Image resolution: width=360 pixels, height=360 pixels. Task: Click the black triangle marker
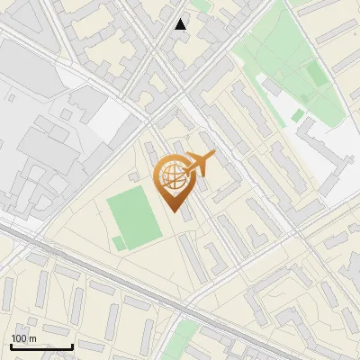(181, 24)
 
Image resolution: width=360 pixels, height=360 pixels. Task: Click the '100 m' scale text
(23, 338)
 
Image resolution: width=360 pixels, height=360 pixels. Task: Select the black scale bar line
(41, 346)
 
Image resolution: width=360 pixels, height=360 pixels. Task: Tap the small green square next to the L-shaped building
(298, 115)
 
